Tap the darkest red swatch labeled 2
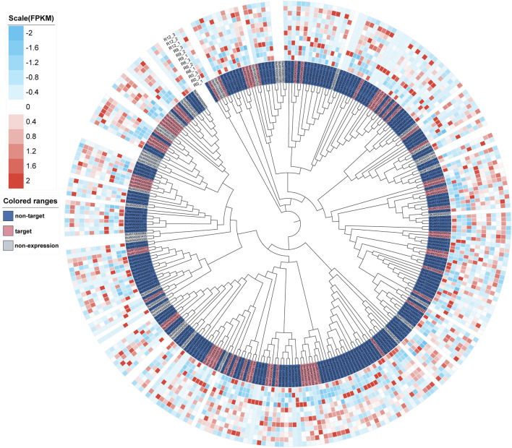click(14, 180)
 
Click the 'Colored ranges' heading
click(31, 200)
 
